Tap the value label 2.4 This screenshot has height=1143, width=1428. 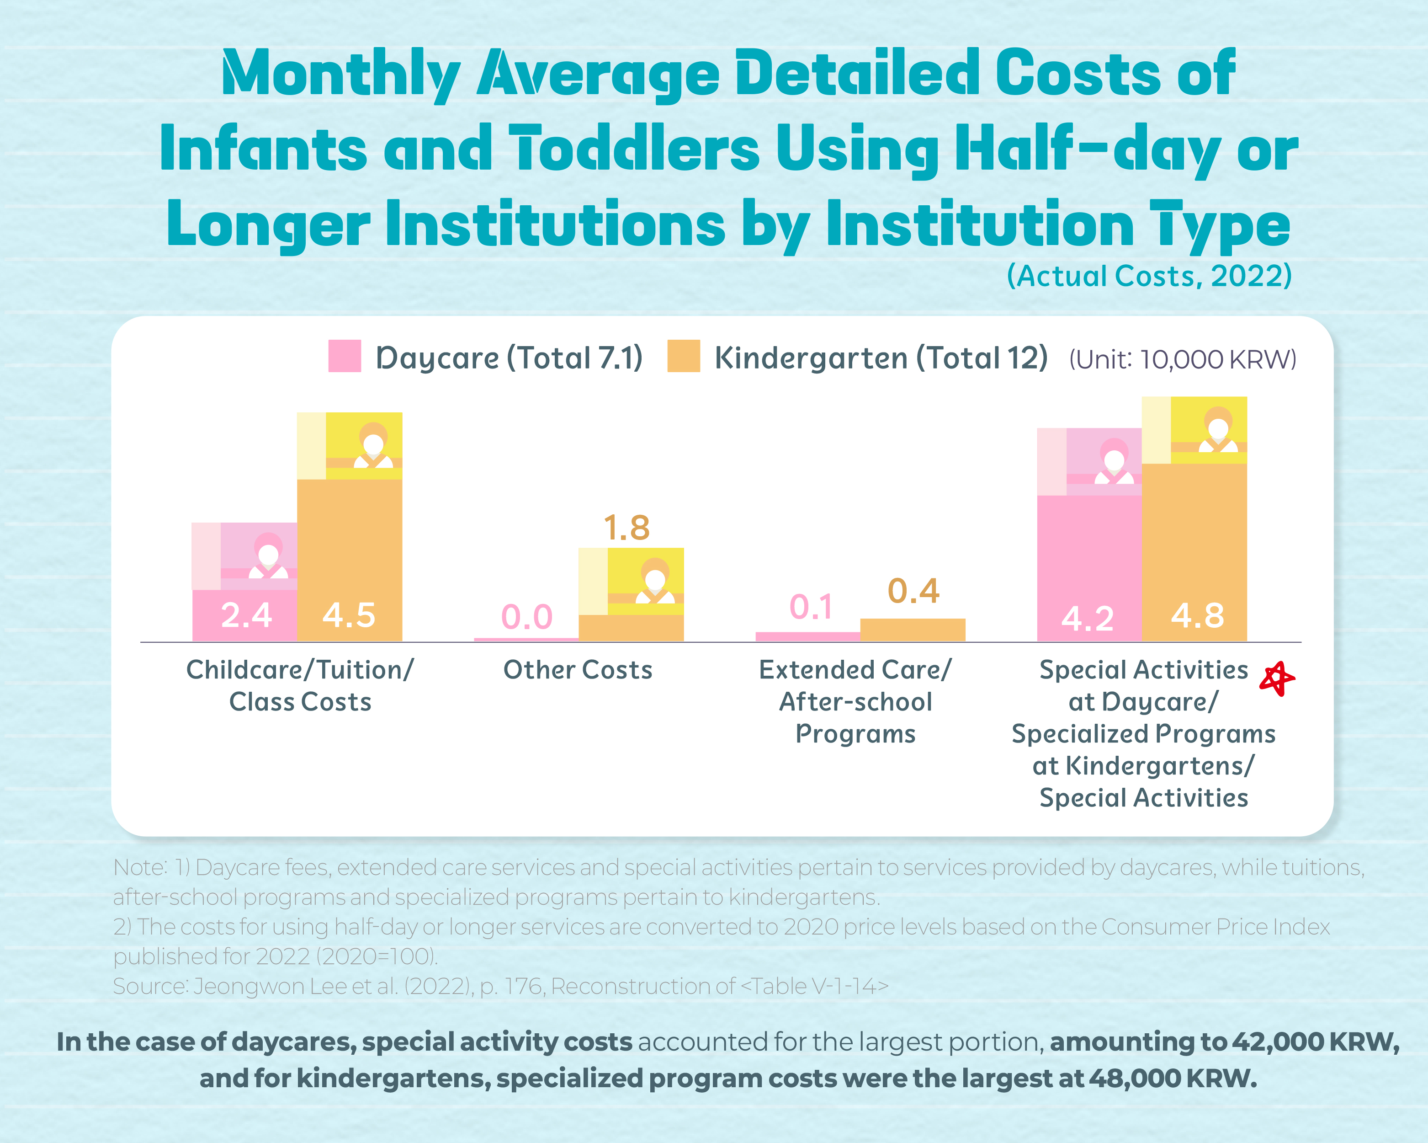pos(246,615)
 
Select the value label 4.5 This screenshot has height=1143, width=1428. pos(349,615)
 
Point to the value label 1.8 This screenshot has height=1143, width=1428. pos(626,528)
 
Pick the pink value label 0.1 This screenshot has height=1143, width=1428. pos(811,607)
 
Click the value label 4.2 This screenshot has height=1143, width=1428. pos(1088,618)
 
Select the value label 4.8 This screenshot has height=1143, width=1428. pos(1198,615)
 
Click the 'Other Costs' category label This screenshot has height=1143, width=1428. pos(578,670)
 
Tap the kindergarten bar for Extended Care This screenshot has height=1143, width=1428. pos(913,630)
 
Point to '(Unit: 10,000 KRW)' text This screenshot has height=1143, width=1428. pos(1182,359)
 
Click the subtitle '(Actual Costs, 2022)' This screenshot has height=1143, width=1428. pos(1149,276)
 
